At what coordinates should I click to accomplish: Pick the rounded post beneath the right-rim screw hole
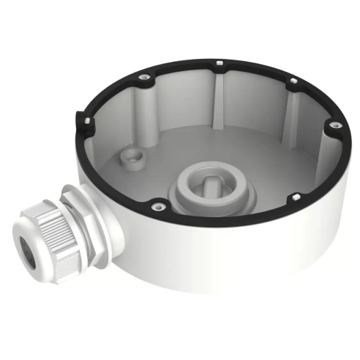point(322,147)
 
